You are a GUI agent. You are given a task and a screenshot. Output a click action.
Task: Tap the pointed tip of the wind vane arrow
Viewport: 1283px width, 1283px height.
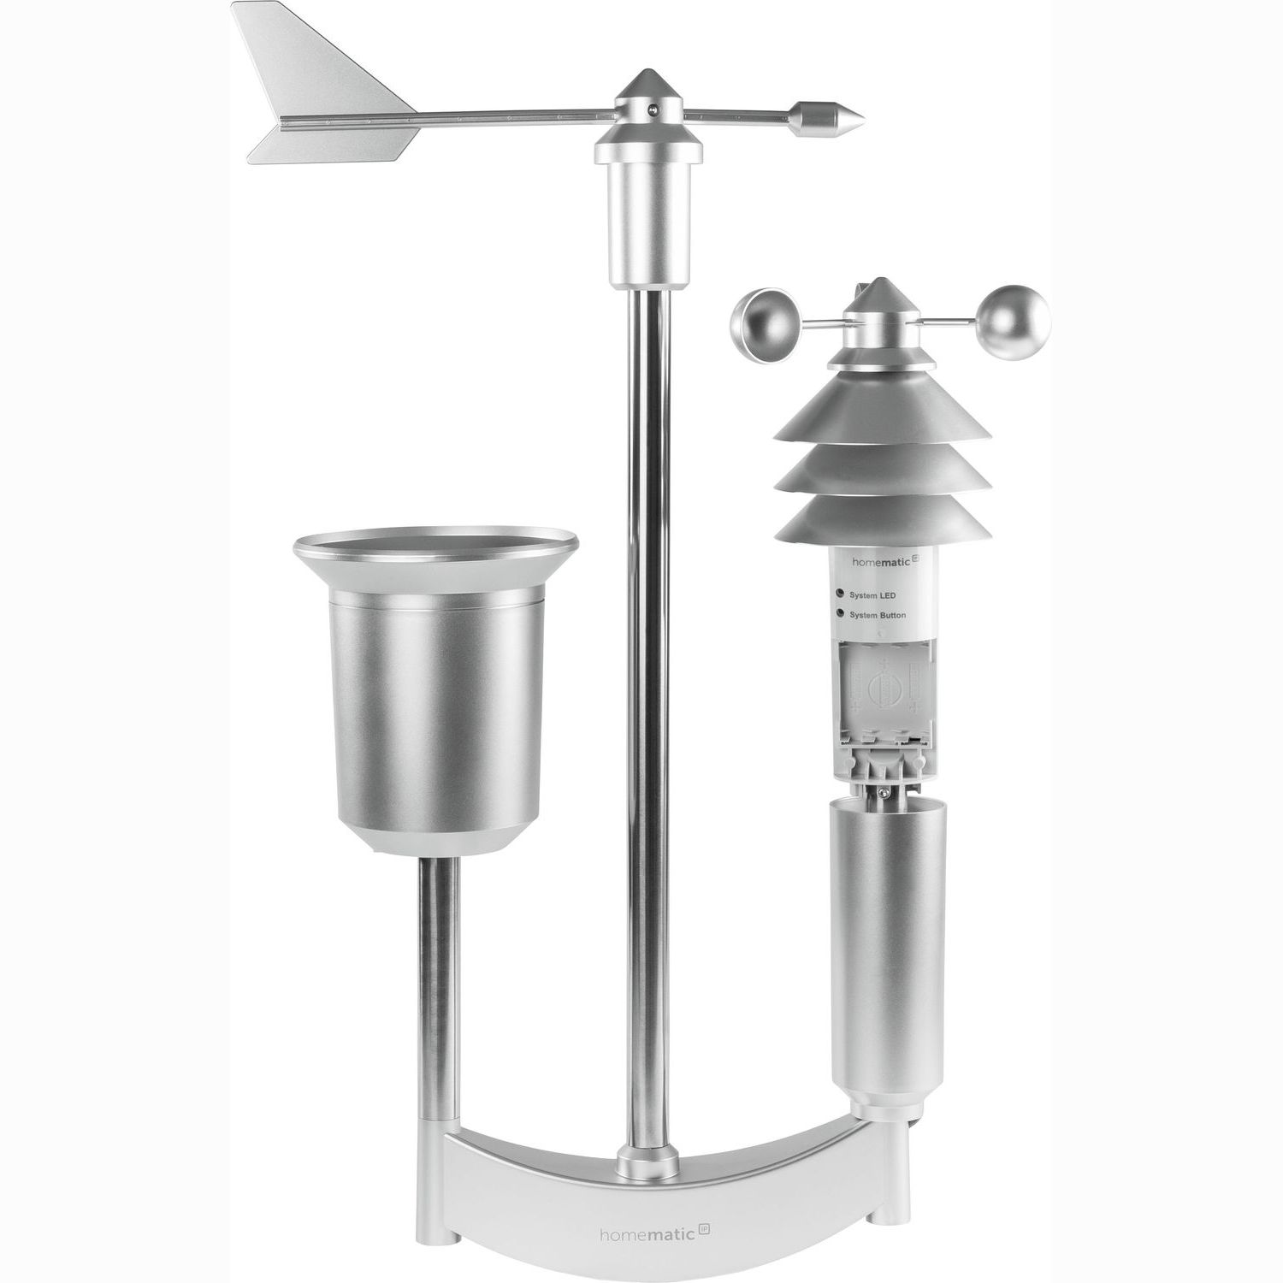[864, 117]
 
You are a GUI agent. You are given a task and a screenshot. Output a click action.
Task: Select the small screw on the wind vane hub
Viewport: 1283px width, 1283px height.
[654, 108]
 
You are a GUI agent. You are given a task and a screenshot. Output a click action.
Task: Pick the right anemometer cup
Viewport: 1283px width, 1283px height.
[1015, 322]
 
